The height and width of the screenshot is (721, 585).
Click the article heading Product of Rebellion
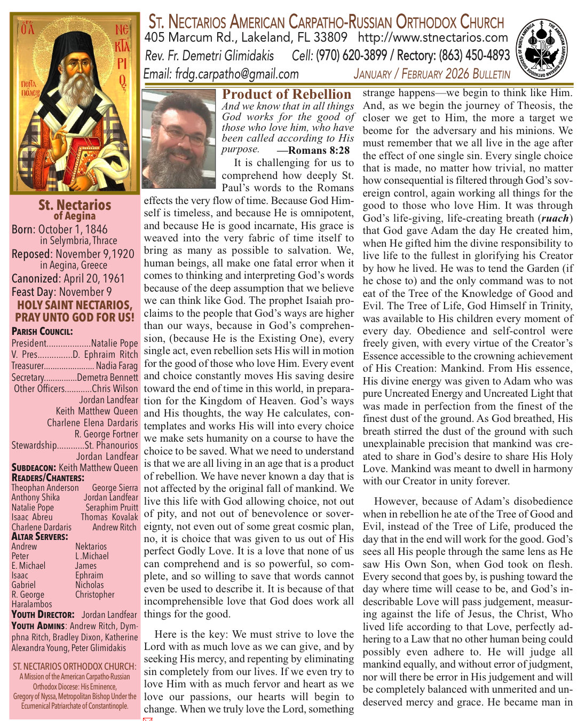[x=287, y=95]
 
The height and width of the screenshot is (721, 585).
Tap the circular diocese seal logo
[x=542, y=51]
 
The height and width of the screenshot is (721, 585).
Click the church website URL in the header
[x=433, y=38]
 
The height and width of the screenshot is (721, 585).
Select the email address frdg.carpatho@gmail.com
[x=236, y=74]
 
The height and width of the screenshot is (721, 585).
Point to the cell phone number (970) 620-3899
[x=351, y=56]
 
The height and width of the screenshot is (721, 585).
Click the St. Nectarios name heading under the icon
[x=75, y=205]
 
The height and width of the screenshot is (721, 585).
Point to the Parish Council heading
[x=42, y=332]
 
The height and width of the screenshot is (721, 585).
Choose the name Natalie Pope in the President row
[x=114, y=343]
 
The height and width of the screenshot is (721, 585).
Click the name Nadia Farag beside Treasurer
[x=117, y=366]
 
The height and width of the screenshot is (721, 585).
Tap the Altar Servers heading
[x=39, y=537]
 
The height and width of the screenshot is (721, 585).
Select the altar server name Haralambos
[x=31, y=604]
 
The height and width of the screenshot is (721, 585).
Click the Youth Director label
[x=43, y=615]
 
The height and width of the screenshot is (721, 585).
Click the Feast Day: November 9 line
[x=62, y=292]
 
